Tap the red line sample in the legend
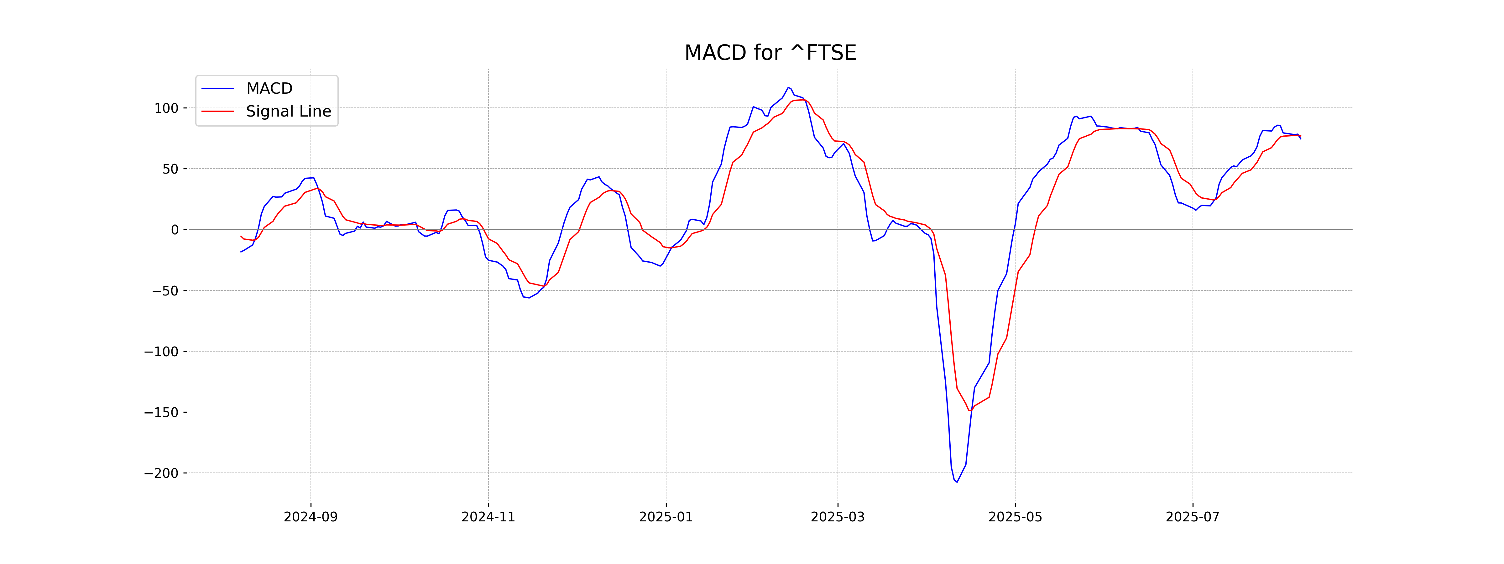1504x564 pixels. click(x=218, y=111)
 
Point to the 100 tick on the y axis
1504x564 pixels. click(x=166, y=108)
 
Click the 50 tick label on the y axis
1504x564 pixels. click(x=170, y=169)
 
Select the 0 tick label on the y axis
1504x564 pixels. click(x=175, y=230)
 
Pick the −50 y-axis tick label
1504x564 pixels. click(x=165, y=291)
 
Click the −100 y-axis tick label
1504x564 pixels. click(x=161, y=352)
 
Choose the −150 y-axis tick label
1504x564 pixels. click(x=161, y=412)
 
